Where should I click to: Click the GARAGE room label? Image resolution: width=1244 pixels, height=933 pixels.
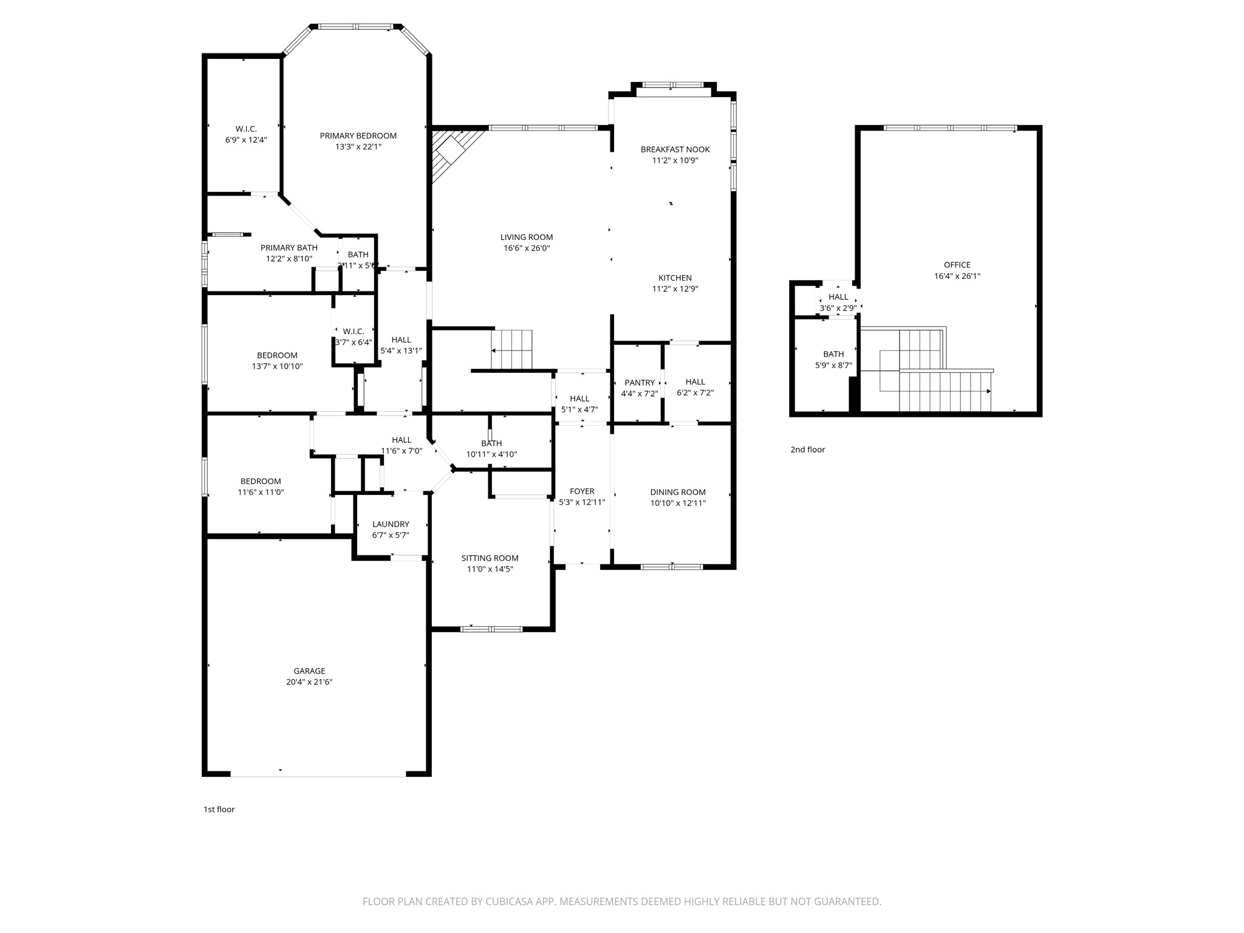pos(309,671)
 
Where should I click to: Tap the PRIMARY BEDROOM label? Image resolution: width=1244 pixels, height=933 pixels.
pos(358,135)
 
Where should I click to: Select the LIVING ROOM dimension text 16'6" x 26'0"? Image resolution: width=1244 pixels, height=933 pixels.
pos(527,248)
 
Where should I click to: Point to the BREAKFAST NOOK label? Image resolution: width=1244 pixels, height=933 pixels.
pos(675,149)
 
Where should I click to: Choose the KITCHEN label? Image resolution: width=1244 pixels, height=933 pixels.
pos(675,278)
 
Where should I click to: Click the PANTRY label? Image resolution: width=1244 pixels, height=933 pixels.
pos(640,383)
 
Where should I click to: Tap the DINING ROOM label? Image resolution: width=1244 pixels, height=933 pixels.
pos(678,492)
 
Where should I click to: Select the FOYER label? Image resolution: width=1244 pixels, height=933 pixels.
pos(582,491)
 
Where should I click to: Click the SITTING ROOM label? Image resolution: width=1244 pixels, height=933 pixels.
pos(490,558)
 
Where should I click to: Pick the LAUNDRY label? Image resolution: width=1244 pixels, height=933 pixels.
pos(391,524)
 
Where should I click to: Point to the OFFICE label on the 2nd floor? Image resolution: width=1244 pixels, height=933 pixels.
pos(957,265)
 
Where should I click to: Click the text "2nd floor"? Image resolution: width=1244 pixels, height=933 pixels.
pos(808,449)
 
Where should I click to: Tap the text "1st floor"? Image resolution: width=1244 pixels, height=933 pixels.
pos(219,809)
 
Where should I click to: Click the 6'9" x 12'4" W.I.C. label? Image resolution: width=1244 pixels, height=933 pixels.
pos(246,129)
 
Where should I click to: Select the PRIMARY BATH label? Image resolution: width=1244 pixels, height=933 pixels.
pos(289,248)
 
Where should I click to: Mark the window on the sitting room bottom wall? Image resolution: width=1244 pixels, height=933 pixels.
pos(491,629)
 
